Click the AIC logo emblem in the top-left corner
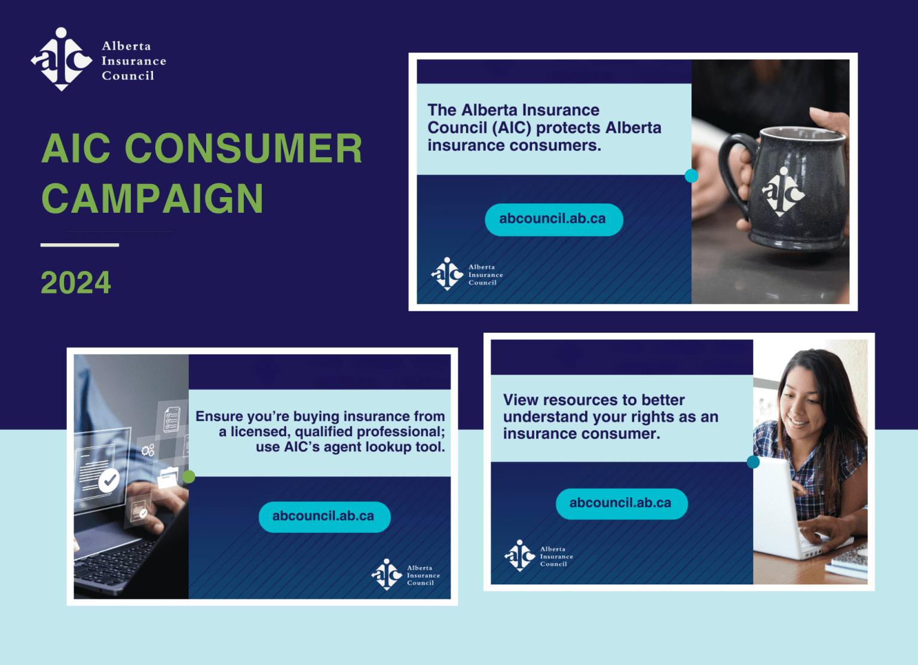coord(62,59)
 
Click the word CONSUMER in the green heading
coord(243,148)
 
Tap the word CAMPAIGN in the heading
coord(152,198)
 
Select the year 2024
coord(76,283)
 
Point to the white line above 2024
coord(79,245)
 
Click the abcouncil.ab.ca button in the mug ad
coord(553,219)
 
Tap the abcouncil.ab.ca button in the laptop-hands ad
coord(324,516)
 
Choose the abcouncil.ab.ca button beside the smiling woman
coord(621,503)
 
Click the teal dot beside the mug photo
coord(691,176)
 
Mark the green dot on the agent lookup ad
coord(189,476)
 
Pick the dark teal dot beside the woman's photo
coord(753,462)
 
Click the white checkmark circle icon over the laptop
coord(109,479)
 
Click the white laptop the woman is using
coord(777,508)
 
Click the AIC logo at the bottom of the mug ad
coord(448,274)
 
